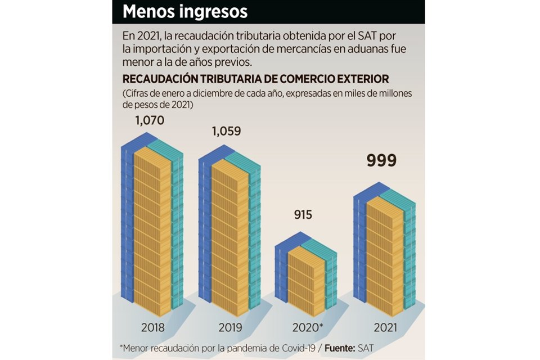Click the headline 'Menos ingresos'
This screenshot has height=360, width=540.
coord(185,12)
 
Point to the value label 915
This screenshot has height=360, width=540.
coord(302,215)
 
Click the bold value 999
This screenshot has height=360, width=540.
coord(381,160)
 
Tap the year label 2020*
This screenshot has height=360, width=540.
coord(307,327)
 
